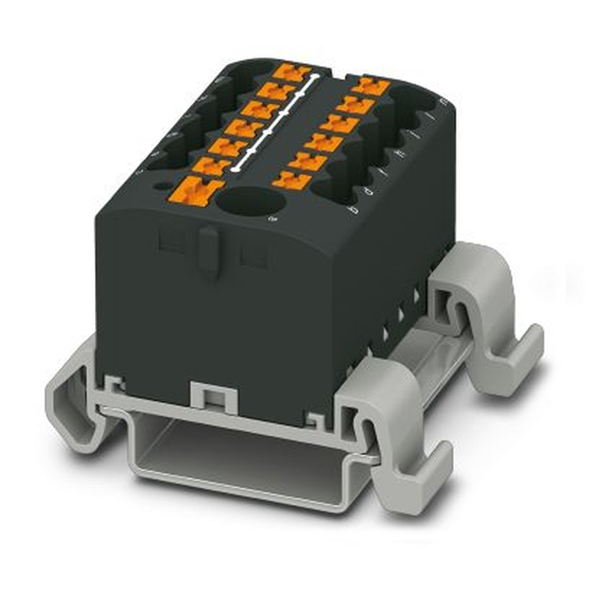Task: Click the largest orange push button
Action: (196, 191)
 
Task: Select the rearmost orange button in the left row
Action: (292, 73)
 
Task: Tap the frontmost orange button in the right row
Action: (292, 180)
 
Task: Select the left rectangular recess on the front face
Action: (171, 243)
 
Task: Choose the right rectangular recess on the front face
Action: (254, 256)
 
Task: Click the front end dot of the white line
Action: (236, 170)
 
